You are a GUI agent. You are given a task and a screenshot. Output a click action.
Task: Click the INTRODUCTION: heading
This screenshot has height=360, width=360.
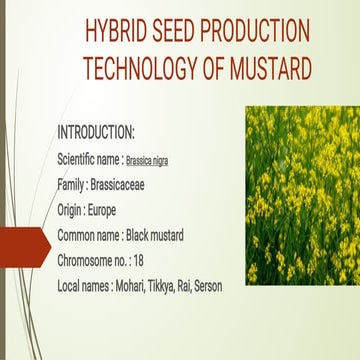click(x=96, y=132)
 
